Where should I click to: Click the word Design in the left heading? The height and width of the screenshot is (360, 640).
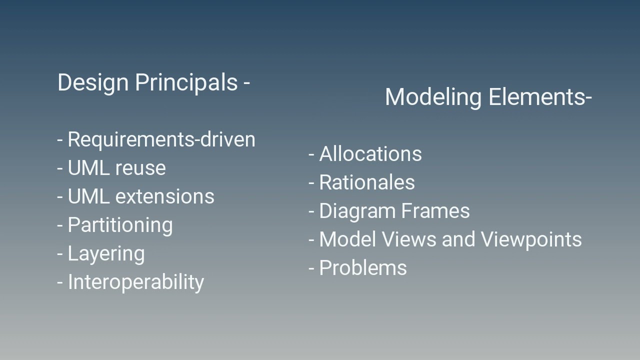coord(93,82)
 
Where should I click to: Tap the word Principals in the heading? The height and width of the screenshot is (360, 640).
coord(186,82)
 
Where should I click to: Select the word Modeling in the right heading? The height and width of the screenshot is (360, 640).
coord(433,97)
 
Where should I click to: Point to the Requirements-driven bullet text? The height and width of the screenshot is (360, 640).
coord(161,139)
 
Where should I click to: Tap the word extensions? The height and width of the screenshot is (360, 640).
coord(164,196)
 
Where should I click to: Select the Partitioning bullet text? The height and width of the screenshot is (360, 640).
coord(120,225)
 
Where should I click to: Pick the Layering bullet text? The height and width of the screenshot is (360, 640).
coord(106,253)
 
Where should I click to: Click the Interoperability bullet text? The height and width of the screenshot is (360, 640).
coord(135,282)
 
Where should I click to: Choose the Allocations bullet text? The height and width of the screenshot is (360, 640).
coord(370,154)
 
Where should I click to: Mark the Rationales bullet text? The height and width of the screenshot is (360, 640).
coord(367,182)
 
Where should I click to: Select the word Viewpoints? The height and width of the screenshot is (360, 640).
coord(531,239)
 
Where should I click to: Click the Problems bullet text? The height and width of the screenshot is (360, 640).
coord(363,268)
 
